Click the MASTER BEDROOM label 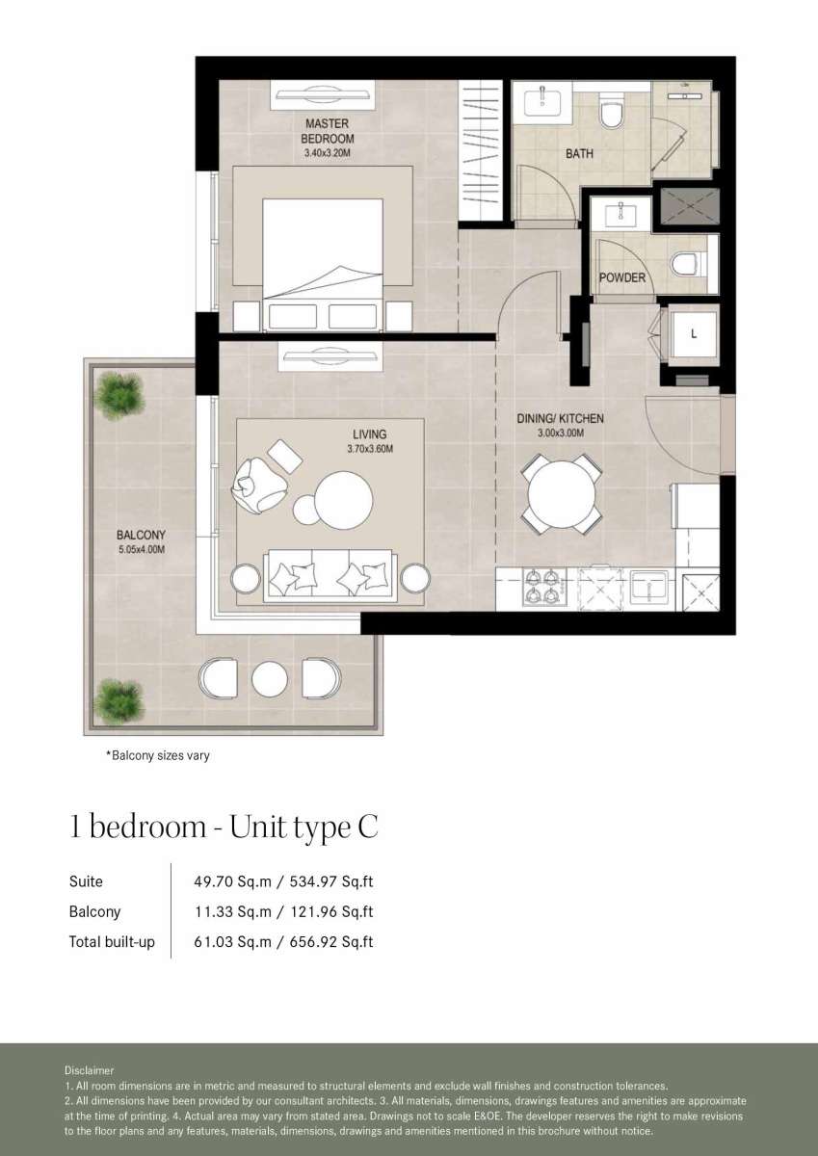[328, 131]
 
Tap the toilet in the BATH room [612, 111]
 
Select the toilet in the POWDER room [688, 264]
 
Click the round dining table [562, 494]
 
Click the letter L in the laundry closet [694, 334]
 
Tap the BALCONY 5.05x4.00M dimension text [142, 550]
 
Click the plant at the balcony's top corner [119, 395]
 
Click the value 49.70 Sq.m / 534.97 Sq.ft [283, 881]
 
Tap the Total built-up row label [112, 942]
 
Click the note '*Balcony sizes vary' [158, 755]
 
